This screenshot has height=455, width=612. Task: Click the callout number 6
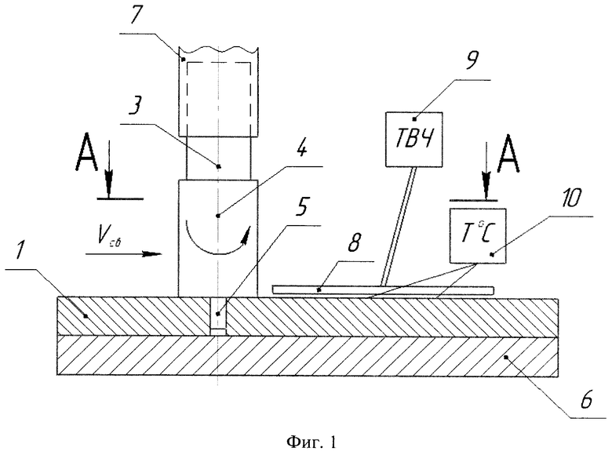(585, 400)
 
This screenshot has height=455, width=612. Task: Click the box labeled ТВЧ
(414, 140)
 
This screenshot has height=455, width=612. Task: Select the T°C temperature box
(478, 235)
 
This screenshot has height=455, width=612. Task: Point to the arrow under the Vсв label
(123, 254)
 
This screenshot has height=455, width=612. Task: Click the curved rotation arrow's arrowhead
(245, 236)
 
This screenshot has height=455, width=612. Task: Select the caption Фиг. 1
(311, 442)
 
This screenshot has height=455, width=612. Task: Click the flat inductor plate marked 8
(383, 289)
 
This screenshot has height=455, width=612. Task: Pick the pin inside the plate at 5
(218, 316)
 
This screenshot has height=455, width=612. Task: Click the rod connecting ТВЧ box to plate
(398, 226)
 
